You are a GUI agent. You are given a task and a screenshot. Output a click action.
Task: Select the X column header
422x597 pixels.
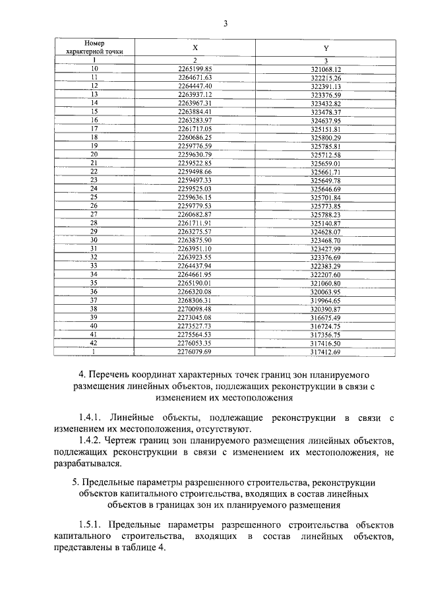195,48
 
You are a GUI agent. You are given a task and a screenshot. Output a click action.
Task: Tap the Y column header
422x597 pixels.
326,48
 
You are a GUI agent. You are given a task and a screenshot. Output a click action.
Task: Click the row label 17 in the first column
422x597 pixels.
94,129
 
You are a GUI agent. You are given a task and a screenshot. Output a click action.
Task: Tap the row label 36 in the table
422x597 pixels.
94,292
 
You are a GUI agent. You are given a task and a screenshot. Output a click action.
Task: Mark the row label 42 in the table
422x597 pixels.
94,343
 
